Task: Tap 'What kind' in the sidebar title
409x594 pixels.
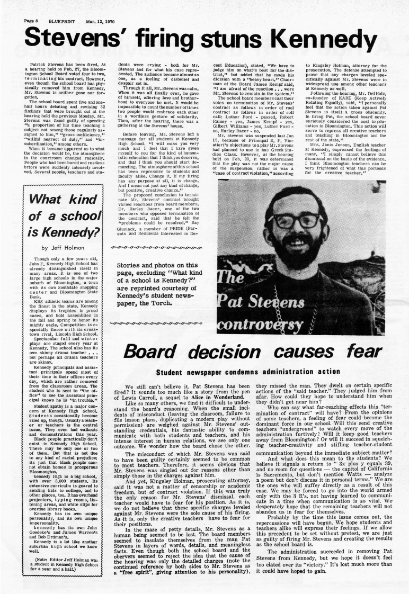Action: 58,201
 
